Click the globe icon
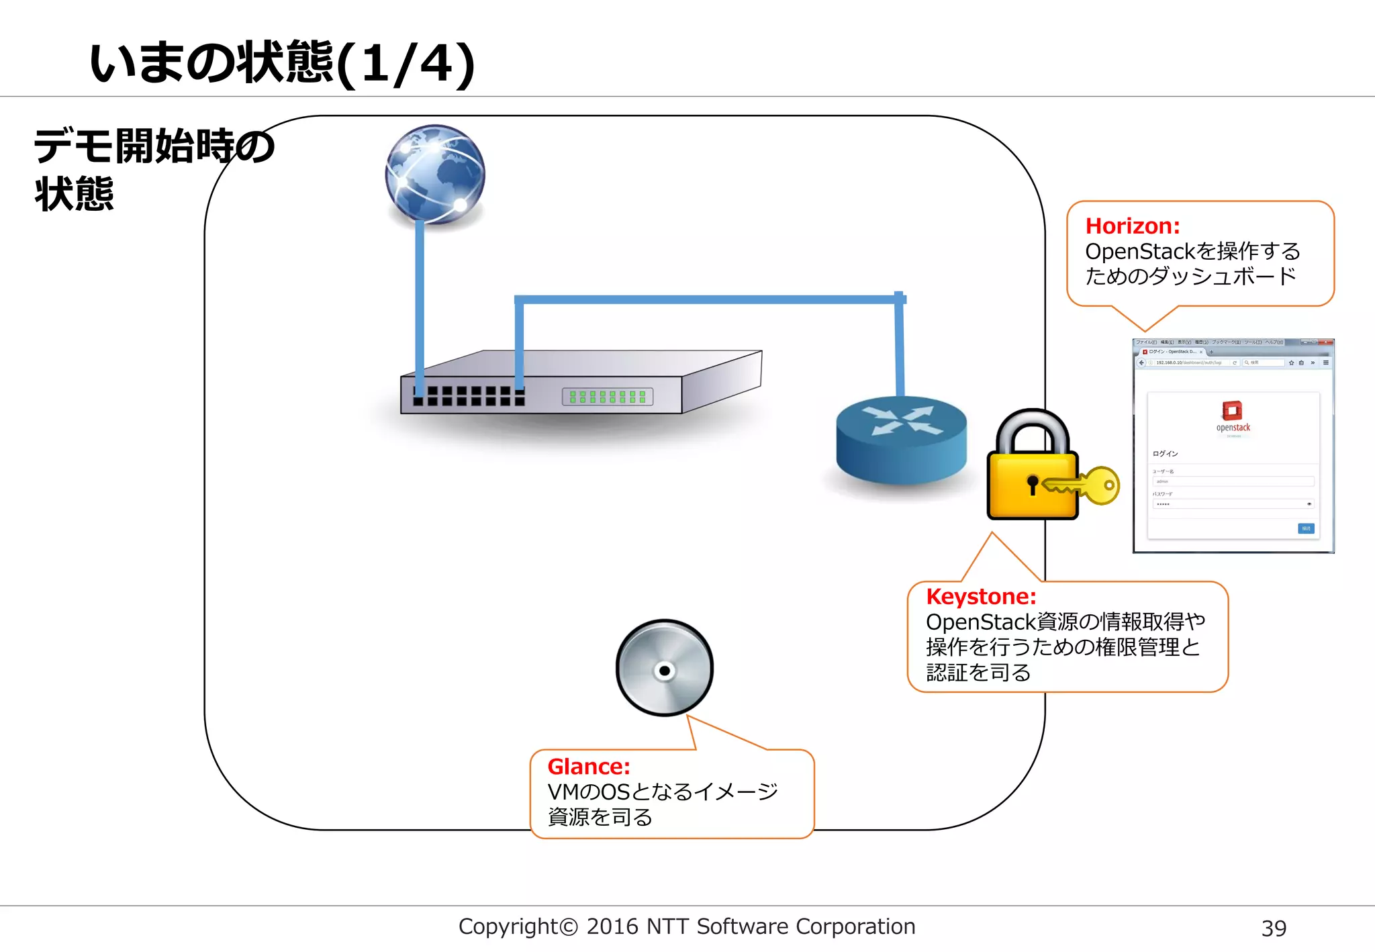click(x=435, y=174)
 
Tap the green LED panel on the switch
click(x=608, y=397)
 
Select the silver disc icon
click(x=664, y=667)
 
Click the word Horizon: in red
click(x=1133, y=226)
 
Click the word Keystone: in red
click(x=981, y=596)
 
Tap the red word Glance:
click(x=589, y=766)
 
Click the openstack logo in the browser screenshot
click(x=1233, y=417)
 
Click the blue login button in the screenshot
click(x=1306, y=528)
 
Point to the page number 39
click(x=1274, y=928)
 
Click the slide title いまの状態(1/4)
click(x=282, y=63)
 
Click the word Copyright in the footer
click(x=508, y=926)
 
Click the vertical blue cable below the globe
click(x=420, y=302)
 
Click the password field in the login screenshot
click(x=1233, y=504)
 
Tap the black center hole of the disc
click(x=664, y=671)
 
